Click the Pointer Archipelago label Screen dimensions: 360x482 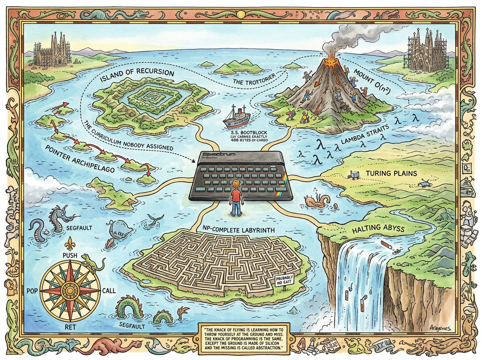[x=80, y=159]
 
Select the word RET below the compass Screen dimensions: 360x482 [x=70, y=327]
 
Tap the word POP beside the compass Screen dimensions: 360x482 [x=32, y=290]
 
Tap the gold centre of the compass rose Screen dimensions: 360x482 [x=70, y=290]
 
